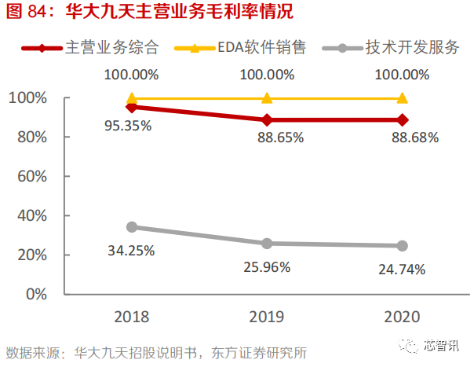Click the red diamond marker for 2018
click(x=132, y=107)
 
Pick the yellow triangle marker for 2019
click(x=267, y=98)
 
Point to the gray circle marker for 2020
click(x=402, y=246)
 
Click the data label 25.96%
click(x=266, y=266)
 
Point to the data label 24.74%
click(x=400, y=270)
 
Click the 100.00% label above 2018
click(x=131, y=75)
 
